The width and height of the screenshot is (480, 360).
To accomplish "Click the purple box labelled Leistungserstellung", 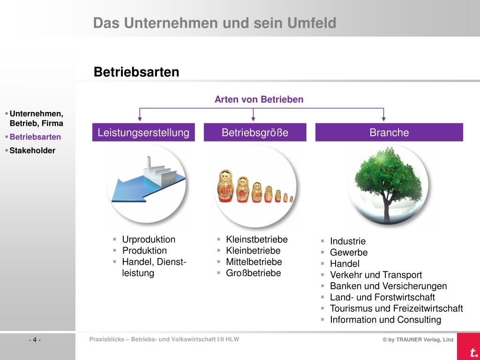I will click(143, 133).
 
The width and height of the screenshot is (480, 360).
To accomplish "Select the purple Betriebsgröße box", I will click(255, 133).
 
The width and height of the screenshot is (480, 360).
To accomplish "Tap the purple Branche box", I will click(389, 133).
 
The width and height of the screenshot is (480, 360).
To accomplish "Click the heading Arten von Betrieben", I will click(259, 99).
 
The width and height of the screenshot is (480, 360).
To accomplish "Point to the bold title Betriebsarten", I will click(136, 72).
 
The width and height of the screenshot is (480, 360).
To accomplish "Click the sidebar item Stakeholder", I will click(33, 150).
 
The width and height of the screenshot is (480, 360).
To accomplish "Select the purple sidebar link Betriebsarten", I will click(35, 137).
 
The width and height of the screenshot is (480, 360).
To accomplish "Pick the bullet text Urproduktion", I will click(149, 240).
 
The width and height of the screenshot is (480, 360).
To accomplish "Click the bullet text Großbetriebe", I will click(253, 273).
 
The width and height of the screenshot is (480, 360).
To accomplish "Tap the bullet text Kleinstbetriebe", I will click(256, 240).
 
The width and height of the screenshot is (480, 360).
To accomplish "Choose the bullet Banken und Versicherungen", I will click(388, 286).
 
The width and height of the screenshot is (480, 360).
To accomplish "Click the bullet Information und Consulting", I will click(385, 320).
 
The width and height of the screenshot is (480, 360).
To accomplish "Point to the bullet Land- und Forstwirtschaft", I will click(382, 297).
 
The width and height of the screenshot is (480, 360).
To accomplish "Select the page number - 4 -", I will click(35, 340).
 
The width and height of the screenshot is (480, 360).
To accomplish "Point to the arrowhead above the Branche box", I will click(384, 118).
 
